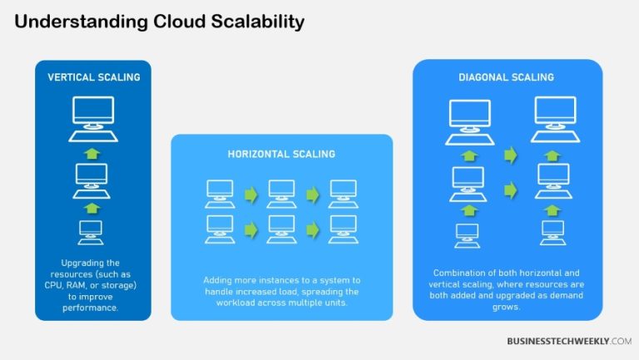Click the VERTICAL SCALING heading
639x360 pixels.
tap(93, 77)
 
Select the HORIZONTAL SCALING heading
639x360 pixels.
tap(281, 154)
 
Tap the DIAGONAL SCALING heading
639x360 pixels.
tap(508, 77)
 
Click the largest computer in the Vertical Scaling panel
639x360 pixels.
tap(92, 116)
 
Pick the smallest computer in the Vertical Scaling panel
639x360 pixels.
tap(92, 232)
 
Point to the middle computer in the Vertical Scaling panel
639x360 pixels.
tap(92, 177)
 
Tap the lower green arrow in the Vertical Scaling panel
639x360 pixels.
tap(92, 206)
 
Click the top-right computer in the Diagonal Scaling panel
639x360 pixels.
tap(554, 117)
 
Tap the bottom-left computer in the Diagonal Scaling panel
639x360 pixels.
tap(468, 234)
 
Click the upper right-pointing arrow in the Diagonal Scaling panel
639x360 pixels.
tap(511, 155)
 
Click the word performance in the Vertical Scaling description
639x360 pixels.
tap(92, 307)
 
